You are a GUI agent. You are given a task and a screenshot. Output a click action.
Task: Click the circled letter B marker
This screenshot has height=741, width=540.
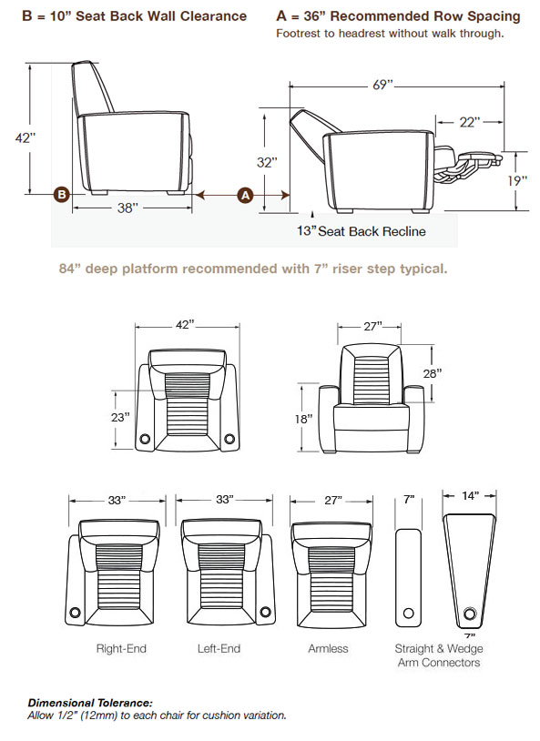click(x=62, y=194)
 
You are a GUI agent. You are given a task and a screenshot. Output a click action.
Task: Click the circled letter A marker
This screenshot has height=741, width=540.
click(x=245, y=195)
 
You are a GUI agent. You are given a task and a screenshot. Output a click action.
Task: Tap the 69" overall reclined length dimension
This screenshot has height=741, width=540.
click(x=383, y=85)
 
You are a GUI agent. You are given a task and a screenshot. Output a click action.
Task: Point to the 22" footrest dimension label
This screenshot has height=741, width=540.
click(x=470, y=122)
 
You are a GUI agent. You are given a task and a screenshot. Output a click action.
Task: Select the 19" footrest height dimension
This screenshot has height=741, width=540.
click(x=518, y=180)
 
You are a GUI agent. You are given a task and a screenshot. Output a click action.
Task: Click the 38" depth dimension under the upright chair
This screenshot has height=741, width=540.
click(x=127, y=208)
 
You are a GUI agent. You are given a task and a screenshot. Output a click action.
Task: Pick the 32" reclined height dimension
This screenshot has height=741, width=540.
click(x=267, y=163)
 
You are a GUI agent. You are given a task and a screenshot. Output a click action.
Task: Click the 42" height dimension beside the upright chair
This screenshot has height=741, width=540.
click(x=25, y=138)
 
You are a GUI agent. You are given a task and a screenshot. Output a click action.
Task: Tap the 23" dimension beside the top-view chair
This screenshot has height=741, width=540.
click(x=120, y=417)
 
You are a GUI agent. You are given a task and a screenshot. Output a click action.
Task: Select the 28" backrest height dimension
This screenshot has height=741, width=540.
click(x=433, y=374)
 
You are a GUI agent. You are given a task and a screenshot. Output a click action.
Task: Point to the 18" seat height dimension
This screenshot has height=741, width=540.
click(x=303, y=419)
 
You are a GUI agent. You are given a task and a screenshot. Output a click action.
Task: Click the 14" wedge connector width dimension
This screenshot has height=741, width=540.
click(x=471, y=495)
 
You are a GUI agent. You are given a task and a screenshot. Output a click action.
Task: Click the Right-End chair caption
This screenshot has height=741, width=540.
click(x=121, y=648)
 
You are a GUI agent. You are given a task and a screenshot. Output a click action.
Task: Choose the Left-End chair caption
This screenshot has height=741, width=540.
click(x=219, y=648)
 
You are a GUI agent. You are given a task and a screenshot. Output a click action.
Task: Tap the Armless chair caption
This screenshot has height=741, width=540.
click(x=328, y=648)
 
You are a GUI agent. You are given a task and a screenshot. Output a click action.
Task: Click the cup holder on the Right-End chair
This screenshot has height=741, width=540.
click(x=75, y=613)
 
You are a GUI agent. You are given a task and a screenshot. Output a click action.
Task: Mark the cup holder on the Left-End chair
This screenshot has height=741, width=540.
click(x=266, y=612)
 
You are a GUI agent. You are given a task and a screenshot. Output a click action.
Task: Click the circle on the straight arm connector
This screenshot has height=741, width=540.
click(x=409, y=614)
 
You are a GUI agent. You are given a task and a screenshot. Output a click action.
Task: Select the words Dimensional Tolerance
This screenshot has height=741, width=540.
click(x=90, y=703)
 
